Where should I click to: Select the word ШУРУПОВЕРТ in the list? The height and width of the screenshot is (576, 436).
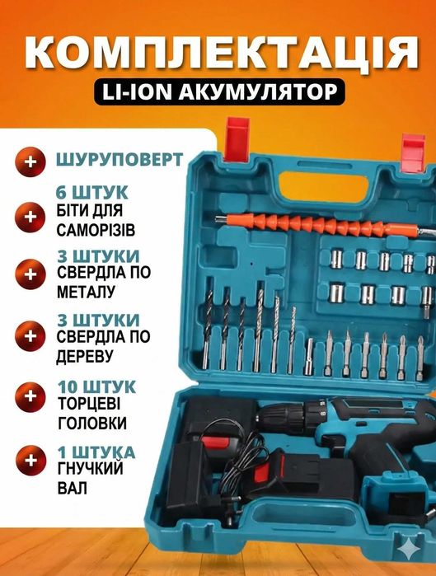click(120, 159)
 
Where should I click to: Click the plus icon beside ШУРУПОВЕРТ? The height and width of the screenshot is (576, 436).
click(31, 162)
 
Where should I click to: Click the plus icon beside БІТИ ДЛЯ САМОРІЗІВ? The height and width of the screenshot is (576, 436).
click(31, 217)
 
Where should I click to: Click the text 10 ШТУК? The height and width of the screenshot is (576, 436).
click(92, 386)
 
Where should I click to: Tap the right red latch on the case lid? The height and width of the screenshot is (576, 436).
click(412, 148)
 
